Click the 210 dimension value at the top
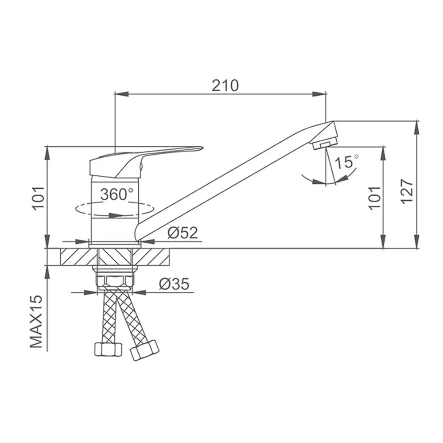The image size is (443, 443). [x=225, y=85]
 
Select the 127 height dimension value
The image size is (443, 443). [x=407, y=191]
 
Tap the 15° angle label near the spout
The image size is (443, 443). [x=346, y=162]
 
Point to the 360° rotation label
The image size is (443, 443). [x=117, y=194]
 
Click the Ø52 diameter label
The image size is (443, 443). [x=183, y=233]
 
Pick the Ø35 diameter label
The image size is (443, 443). [x=174, y=284]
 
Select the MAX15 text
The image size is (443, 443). [x=36, y=321]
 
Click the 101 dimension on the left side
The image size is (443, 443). [x=39, y=198]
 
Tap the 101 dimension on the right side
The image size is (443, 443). [x=375, y=198]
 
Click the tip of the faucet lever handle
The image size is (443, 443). [x=202, y=147]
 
